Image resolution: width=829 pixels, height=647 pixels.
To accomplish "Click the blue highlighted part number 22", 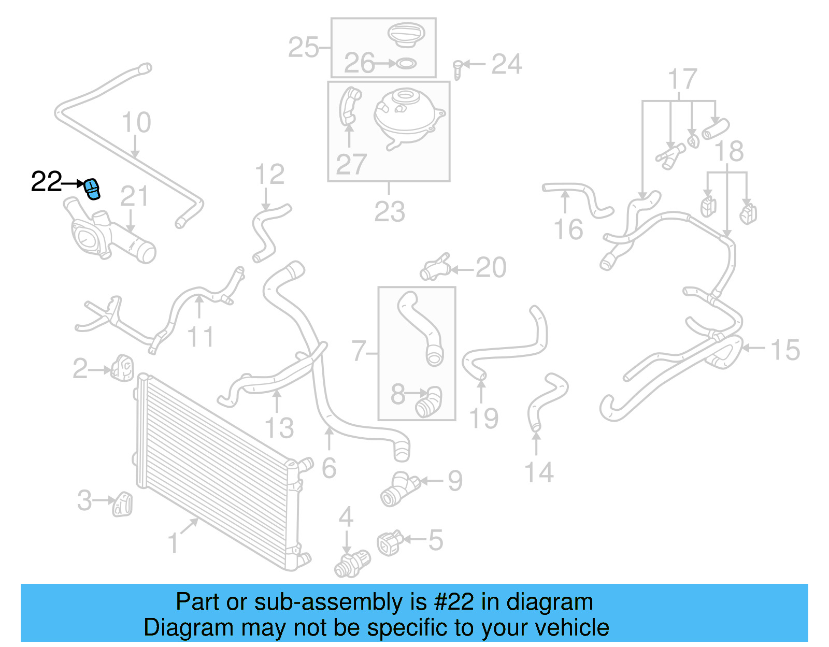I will pos(92,188).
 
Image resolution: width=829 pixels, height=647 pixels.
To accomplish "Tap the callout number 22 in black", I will pos(46,182).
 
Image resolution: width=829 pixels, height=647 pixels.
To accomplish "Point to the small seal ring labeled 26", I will pos(406,64).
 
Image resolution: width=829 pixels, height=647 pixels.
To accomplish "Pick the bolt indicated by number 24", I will pos(458,69).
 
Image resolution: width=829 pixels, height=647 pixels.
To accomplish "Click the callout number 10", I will pos(136,122).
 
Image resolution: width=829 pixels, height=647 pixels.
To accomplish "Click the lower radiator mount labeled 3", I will pos(123,503).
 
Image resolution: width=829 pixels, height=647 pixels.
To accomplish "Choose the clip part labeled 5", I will pos(390,542).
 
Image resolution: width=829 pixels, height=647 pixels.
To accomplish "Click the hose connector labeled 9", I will pos(399,488).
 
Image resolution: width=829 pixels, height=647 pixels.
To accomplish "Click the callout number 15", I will pos(785,350).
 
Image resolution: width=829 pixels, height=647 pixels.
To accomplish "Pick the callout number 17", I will pos(682,79).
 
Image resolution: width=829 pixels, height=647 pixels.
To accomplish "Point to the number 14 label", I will pos(539,472).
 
